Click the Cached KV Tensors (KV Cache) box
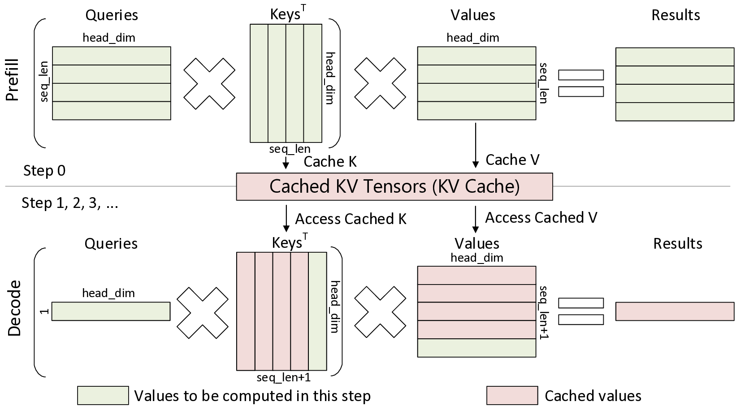tap(394, 186)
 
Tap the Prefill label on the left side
tap(13, 79)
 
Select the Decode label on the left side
tap(14, 308)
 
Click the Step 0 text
tap(44, 171)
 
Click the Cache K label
tap(330, 161)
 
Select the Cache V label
tap(512, 160)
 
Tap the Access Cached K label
tap(351, 219)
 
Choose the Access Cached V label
tap(541, 217)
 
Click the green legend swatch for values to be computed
tap(103, 396)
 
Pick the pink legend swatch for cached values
tap(512, 396)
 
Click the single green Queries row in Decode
tap(111, 311)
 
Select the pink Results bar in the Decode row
tap(675, 311)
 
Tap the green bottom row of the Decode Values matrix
tap(476, 348)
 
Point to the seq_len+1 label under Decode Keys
tap(283, 378)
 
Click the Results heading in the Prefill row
tap(675, 15)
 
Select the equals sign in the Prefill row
tap(580, 83)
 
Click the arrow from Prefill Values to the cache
tap(475, 145)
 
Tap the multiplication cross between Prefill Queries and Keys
tap(210, 83)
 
